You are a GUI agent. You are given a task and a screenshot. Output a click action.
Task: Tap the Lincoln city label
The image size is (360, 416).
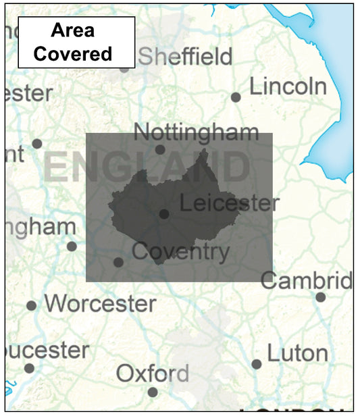click(x=288, y=86)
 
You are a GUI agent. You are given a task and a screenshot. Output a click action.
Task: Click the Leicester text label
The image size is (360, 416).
click(x=230, y=203)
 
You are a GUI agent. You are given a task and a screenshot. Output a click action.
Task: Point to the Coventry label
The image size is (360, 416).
click(x=180, y=252)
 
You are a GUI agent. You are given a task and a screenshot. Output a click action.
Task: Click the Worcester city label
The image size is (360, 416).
click(x=100, y=303)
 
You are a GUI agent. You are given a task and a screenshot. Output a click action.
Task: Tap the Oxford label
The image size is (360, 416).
click(x=152, y=373)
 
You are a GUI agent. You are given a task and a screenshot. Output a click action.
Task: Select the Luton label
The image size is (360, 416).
click(x=297, y=353)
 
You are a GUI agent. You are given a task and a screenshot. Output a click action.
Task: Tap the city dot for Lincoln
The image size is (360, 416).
click(x=236, y=97)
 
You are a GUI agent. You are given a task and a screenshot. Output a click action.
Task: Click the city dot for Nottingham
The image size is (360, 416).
click(x=160, y=150)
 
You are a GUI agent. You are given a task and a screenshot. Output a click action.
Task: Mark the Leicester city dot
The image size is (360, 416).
click(x=164, y=214)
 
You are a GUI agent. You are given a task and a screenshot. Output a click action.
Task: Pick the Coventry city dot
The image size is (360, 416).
click(x=118, y=262)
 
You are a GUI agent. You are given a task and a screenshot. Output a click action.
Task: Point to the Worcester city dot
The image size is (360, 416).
click(x=31, y=306)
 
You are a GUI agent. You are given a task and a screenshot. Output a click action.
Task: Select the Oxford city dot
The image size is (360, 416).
click(x=153, y=392)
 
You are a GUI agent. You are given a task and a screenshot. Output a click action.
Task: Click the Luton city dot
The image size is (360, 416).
click(x=257, y=364)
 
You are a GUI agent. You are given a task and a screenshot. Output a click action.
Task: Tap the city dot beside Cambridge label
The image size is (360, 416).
click(x=320, y=297)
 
